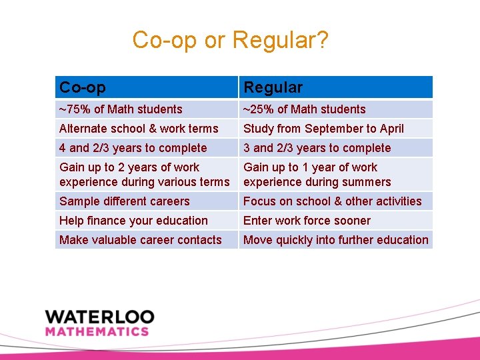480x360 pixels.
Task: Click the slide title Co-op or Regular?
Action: tap(230, 40)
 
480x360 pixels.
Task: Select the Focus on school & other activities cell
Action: tap(333, 201)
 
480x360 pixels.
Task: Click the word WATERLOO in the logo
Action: tap(100, 317)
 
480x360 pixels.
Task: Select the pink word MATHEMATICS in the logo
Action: tap(97, 331)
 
